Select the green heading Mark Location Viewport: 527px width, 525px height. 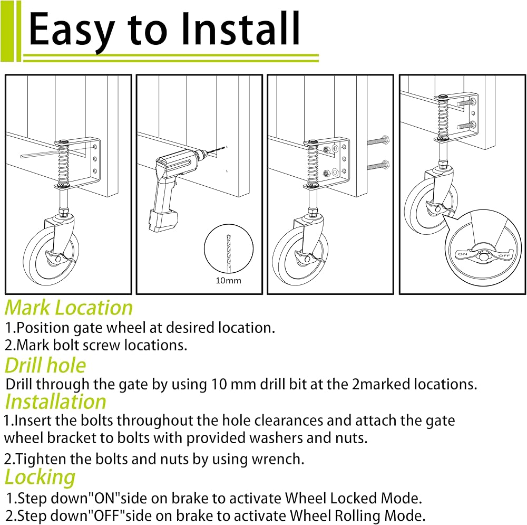click(69, 308)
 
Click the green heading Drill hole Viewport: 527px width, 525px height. click(45, 365)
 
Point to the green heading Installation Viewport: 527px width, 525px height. click(56, 402)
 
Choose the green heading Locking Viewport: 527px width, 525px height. click(40, 477)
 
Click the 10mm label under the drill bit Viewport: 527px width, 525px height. click(228, 281)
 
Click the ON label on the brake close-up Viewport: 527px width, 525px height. click(462, 254)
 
